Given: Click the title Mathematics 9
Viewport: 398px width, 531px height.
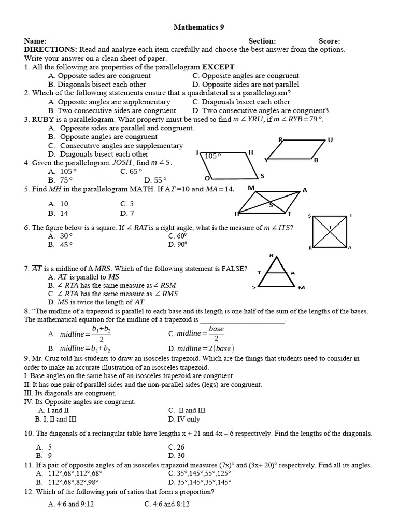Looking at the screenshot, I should point(199,27).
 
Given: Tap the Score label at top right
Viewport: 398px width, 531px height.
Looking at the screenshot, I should point(329,41).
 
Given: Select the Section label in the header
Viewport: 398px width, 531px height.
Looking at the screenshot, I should point(262,41).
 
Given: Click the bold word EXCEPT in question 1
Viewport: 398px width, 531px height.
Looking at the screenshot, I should point(218,67).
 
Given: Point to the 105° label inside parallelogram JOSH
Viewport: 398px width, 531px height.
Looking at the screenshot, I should point(213,156).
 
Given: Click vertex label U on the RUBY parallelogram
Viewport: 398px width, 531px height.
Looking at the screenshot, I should point(330,140).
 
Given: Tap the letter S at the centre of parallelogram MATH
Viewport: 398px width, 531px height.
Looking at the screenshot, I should point(271,204).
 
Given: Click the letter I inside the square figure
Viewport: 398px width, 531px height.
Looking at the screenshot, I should point(330,227).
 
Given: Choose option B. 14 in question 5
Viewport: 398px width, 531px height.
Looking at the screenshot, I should point(59,213).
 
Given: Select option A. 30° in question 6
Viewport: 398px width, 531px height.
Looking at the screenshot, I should point(60,235).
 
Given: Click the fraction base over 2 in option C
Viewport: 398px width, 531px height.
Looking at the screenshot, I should point(216,333).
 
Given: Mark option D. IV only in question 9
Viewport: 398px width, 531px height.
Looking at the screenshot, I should point(184,419).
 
